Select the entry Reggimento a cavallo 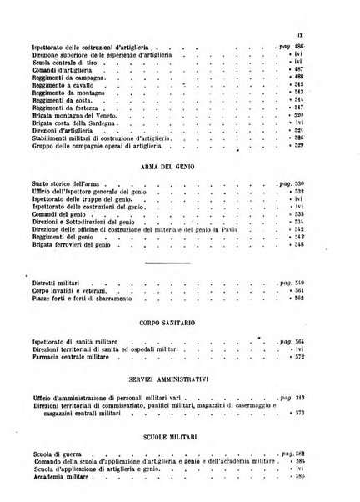58,84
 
